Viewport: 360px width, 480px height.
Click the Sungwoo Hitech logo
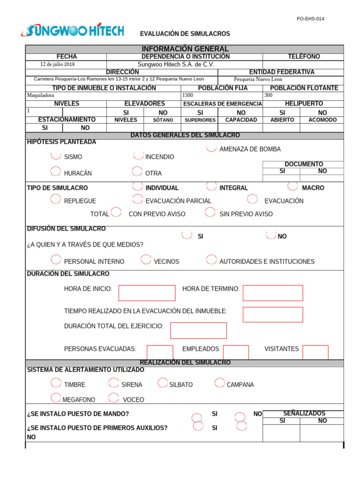coord(73,31)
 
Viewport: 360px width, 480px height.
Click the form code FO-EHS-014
coord(310,19)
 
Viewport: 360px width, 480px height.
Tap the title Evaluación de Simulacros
coord(185,34)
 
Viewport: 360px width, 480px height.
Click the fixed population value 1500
coord(187,95)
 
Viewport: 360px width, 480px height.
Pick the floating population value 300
coord(269,95)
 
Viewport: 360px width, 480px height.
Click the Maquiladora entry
coord(41,95)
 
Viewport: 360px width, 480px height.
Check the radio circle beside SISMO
coord(55,155)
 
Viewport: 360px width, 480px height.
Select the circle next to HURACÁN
coord(55,172)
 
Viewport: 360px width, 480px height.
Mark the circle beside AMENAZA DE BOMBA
coord(211,148)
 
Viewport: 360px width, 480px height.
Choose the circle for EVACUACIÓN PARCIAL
coord(137,199)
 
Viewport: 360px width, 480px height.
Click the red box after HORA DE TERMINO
coord(272,292)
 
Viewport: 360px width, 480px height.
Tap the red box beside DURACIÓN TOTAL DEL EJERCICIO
coord(198,330)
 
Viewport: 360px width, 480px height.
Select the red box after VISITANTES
coord(315,352)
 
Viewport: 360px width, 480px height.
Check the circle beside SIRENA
coord(113,383)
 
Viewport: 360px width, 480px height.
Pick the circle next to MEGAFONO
coord(55,398)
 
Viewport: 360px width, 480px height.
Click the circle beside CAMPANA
coord(219,383)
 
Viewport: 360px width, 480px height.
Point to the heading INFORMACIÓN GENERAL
coord(185,49)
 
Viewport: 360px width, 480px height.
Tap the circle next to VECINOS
coord(146,260)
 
